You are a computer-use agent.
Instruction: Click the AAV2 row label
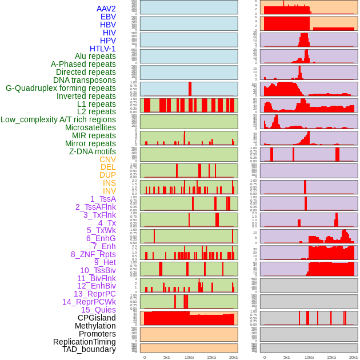tap(106, 9)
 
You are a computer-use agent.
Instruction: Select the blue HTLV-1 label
tap(103, 49)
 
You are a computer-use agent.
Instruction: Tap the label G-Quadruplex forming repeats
tap(61, 88)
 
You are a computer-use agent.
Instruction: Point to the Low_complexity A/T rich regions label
tap(58, 119)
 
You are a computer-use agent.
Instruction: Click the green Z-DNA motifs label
tap(93, 151)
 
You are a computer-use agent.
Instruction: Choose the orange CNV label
tap(107, 159)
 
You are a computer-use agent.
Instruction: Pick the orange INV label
tap(109, 191)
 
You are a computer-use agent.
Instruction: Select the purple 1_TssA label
tap(103, 199)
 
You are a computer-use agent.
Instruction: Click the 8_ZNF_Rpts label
tap(93, 254)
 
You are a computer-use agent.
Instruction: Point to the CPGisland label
tap(97, 318)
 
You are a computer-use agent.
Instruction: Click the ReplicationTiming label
tap(85, 342)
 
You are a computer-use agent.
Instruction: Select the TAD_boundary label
tap(89, 349)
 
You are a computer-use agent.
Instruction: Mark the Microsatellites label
tap(90, 127)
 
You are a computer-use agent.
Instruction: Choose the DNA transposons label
tap(85, 80)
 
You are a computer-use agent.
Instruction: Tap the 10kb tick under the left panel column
tap(189, 357)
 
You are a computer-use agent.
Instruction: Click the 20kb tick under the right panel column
tap(354, 357)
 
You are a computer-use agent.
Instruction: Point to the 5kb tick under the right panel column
tap(287, 357)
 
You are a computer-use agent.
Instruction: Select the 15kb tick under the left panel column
tap(211, 357)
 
